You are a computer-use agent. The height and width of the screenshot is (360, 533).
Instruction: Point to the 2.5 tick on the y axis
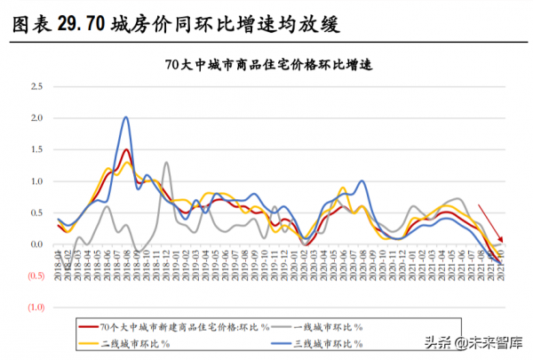point(36,86)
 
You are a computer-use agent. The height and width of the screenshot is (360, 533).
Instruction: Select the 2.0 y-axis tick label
point(36,118)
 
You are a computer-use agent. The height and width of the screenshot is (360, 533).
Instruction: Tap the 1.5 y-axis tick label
point(36,149)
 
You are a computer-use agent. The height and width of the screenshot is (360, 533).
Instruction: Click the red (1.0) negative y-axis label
point(35,307)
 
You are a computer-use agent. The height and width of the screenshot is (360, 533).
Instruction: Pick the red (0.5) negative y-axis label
point(35,276)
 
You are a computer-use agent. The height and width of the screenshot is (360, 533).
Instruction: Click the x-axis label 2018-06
point(107,263)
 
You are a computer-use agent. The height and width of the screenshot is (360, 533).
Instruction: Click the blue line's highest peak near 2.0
point(126,117)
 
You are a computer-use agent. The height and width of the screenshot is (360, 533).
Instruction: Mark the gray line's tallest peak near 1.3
point(167,163)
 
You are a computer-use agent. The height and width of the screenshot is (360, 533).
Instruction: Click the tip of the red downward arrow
point(503,242)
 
